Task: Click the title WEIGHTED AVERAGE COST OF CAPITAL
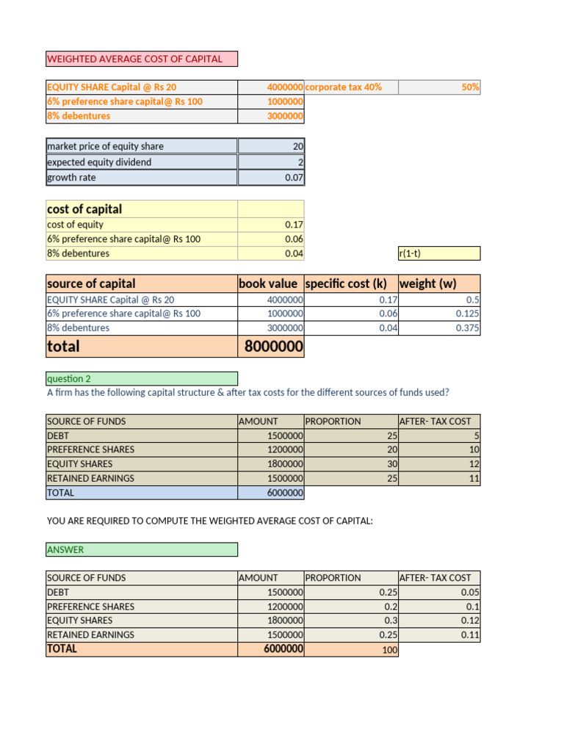point(134,59)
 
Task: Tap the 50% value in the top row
point(470,87)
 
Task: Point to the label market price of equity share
point(105,146)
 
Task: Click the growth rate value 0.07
point(294,178)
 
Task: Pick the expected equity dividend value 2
point(300,162)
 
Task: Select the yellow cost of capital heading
point(84,209)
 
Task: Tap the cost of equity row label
point(75,225)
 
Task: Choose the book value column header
point(269,283)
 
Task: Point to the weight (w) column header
point(427,283)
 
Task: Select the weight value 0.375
point(468,328)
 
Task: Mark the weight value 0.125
point(468,314)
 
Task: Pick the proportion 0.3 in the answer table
point(388,621)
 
